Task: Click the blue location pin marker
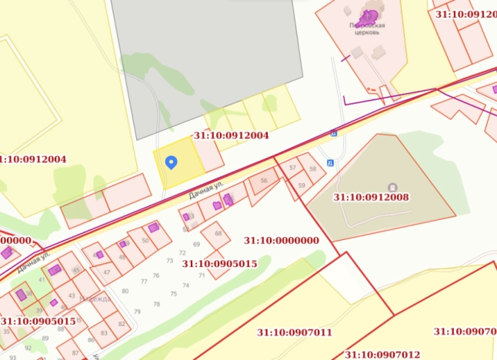(172, 162)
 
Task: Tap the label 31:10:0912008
(371, 197)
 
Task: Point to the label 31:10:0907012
(382, 355)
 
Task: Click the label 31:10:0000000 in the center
(281, 240)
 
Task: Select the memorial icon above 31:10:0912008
(393, 186)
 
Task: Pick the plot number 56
(264, 180)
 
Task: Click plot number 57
(292, 167)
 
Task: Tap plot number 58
(312, 168)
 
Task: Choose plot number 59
(301, 185)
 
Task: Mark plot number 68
(218, 232)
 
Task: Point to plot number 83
(104, 333)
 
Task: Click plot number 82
(122, 324)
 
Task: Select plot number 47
(107, 272)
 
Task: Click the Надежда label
(100, 298)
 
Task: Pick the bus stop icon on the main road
(334, 132)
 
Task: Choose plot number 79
(137, 311)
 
